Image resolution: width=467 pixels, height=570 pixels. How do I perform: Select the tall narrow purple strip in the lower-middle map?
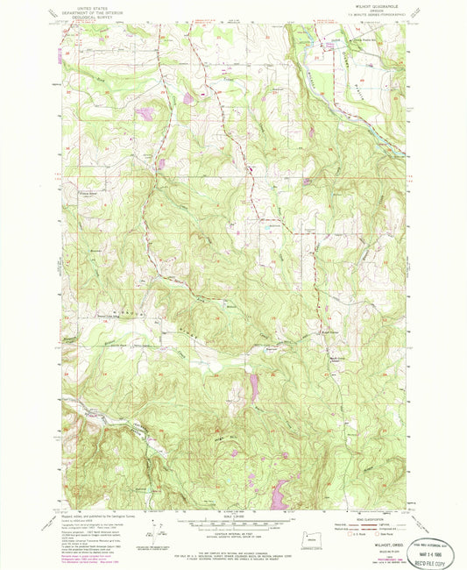254,387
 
